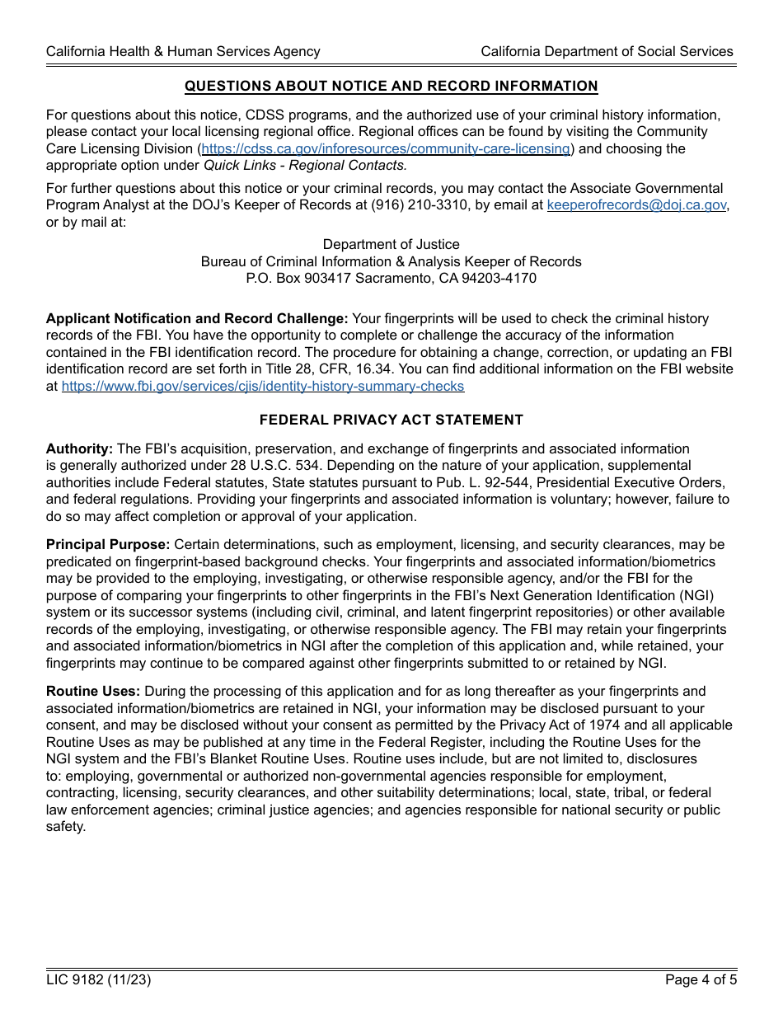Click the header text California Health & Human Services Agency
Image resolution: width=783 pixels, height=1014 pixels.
[183, 51]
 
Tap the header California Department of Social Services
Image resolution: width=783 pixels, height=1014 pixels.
[607, 51]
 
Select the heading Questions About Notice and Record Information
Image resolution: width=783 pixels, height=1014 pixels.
[391, 87]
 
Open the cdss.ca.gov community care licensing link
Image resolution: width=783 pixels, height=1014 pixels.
[386, 148]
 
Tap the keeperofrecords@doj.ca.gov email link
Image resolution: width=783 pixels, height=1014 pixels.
[636, 205]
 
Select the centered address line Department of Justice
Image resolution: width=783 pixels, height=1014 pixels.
[391, 245]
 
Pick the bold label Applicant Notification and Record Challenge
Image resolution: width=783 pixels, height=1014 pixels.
[197, 319]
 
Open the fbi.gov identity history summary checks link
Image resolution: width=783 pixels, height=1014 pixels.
[263, 387]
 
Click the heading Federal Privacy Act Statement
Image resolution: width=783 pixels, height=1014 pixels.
[391, 420]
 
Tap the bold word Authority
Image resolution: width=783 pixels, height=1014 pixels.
[79, 449]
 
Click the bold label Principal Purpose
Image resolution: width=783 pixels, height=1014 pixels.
[108, 545]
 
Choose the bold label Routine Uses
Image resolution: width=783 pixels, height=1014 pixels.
[93, 692]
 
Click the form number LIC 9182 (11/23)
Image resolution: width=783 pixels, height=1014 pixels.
[99, 980]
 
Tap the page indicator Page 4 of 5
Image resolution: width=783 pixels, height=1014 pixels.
[699, 980]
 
